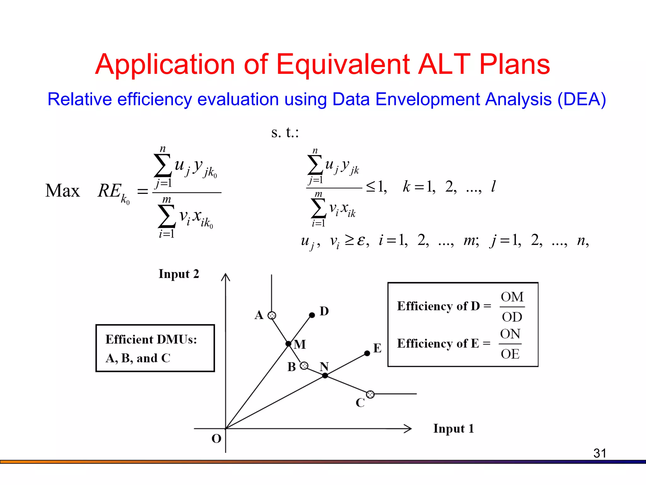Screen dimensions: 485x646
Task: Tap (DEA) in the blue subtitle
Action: [x=581, y=99]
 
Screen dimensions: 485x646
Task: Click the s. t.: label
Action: [x=285, y=132]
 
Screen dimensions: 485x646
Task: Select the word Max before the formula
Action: [x=62, y=191]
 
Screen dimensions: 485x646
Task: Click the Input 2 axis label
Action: [x=179, y=274]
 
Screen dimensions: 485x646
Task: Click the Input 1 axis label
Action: [x=453, y=428]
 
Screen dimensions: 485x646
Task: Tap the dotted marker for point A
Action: [x=272, y=315]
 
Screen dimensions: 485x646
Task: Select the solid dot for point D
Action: [x=312, y=315]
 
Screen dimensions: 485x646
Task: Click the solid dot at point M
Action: [x=288, y=344]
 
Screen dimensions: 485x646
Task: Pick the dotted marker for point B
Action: [x=304, y=366]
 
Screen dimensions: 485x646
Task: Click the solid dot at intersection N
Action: [x=325, y=375]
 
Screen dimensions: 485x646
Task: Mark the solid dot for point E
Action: [x=367, y=353]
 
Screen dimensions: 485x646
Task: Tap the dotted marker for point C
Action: [x=370, y=394]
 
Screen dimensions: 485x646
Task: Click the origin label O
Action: [x=216, y=439]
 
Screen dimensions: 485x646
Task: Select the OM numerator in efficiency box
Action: [x=512, y=297]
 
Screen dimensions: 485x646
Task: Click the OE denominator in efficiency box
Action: [x=510, y=354]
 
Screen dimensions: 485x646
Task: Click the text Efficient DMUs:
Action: [x=151, y=339]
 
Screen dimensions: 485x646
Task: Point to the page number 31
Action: [x=600, y=453]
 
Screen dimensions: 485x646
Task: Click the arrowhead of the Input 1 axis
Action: [x=409, y=428]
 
